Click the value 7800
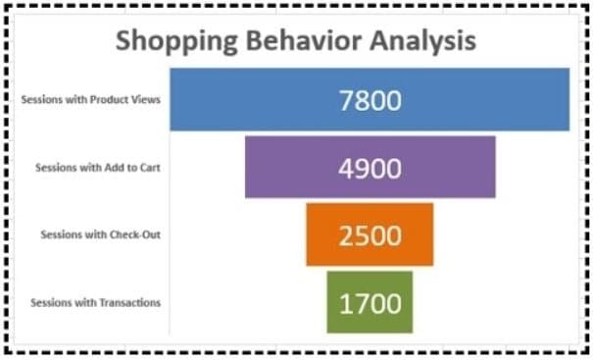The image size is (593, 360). click(370, 100)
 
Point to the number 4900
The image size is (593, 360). click(370, 168)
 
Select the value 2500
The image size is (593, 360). click(370, 235)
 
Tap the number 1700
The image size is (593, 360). click(370, 303)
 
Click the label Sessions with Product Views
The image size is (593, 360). click(90, 99)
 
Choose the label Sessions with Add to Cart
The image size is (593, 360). click(97, 168)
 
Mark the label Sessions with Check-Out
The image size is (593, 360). click(100, 234)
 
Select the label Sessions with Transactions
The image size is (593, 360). click(95, 302)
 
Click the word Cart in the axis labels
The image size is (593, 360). click(149, 168)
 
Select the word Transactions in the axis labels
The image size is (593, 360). click(130, 302)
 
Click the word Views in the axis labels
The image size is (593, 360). click(147, 99)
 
